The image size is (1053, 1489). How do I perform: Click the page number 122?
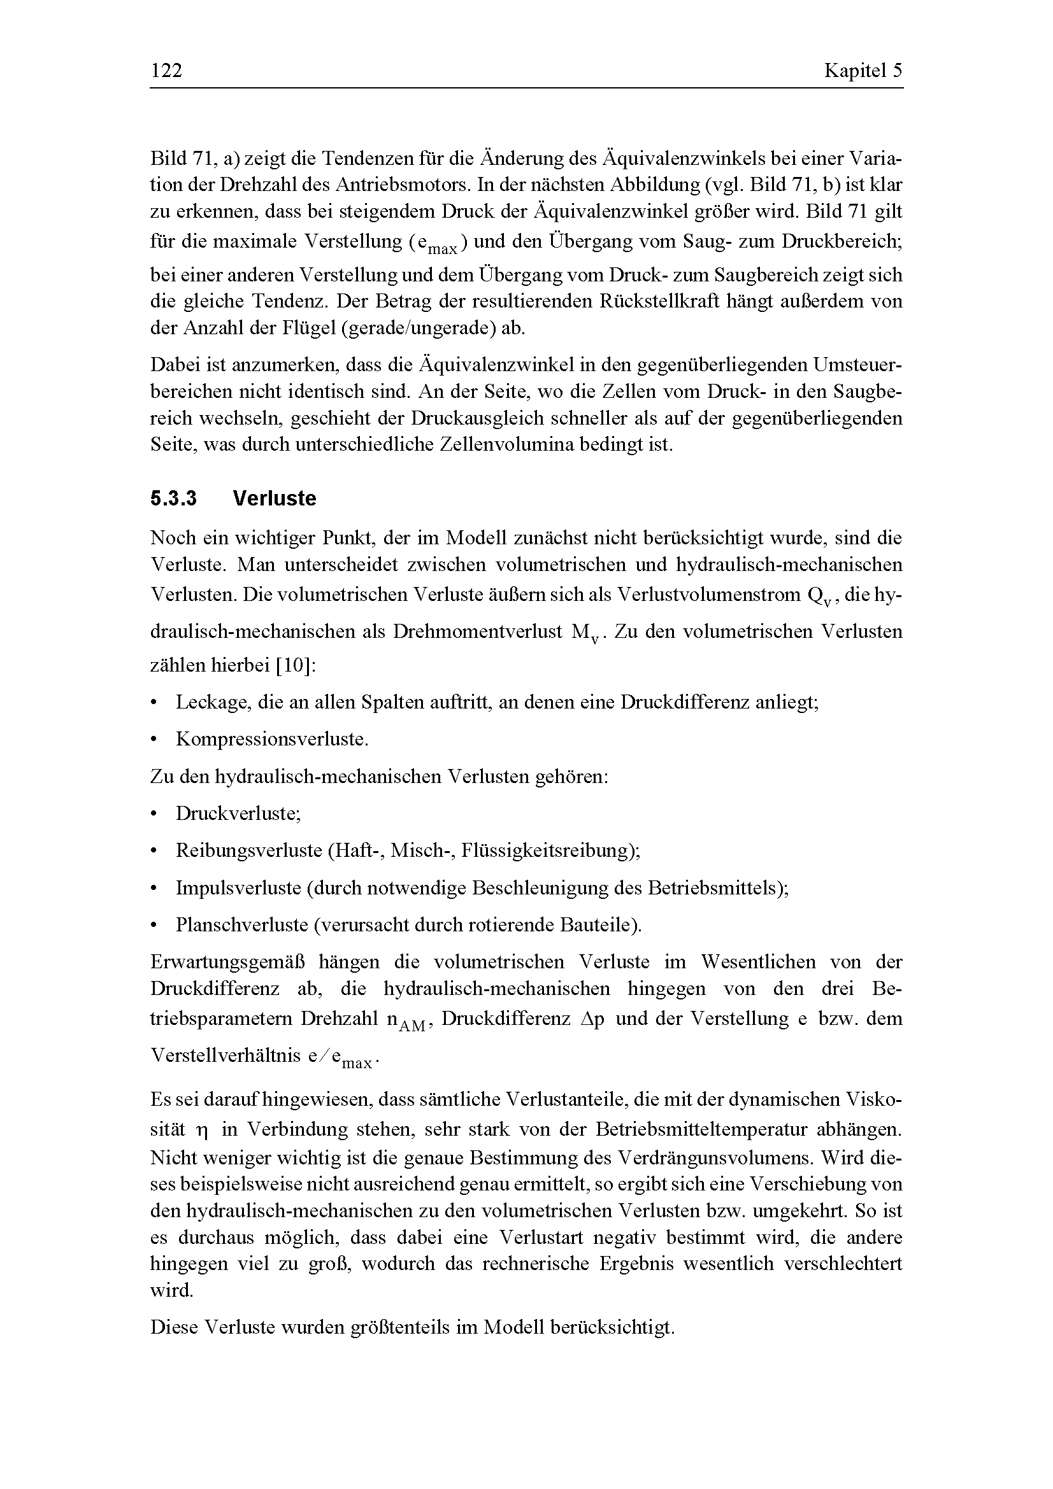(166, 71)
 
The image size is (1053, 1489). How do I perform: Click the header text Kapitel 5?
(863, 71)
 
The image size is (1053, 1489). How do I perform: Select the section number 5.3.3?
(174, 498)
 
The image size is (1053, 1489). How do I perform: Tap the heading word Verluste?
(275, 498)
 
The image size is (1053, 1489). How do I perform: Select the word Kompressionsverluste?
(272, 739)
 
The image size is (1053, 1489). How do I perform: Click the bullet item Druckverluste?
(238, 813)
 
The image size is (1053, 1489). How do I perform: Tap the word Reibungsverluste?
(248, 850)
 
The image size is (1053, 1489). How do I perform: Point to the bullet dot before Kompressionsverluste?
(154, 740)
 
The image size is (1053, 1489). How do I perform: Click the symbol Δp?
(592, 1019)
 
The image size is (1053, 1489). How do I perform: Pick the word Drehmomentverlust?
(478, 632)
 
